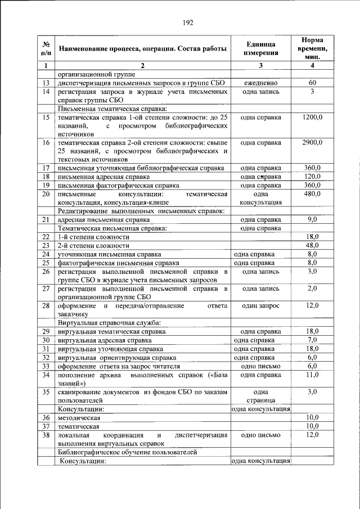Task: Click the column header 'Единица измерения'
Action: tap(260, 48)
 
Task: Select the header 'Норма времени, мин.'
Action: tap(312, 48)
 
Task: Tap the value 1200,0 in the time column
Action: tap(312, 117)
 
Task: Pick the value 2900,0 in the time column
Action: tap(312, 142)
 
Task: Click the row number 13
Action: tap(46, 83)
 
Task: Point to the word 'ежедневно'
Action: tap(260, 83)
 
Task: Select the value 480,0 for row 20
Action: tap(312, 193)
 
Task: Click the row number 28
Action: tap(46, 305)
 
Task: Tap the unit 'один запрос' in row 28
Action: tap(260, 305)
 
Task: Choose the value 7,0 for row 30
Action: tap(312, 340)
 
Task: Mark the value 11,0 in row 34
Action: tap(312, 374)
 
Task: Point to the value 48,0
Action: tap(312, 245)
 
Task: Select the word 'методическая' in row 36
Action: tap(79, 417)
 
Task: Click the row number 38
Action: tap(46, 435)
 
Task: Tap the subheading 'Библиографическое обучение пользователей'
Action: tap(128, 452)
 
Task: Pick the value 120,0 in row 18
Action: tap(312, 177)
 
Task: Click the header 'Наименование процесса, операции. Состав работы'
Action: tap(143, 48)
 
